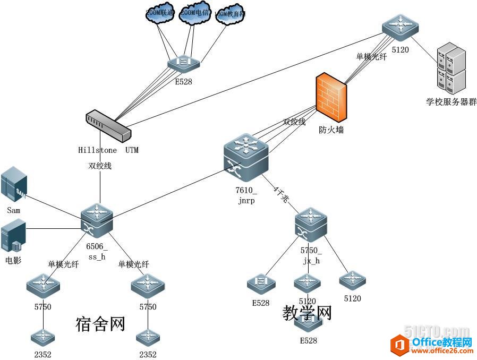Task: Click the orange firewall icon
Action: (x=332, y=98)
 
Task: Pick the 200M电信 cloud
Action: (x=194, y=13)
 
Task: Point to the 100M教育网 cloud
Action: (x=230, y=15)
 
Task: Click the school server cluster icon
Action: (x=450, y=70)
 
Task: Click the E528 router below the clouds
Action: (x=184, y=63)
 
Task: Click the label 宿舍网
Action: (x=100, y=323)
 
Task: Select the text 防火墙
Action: (x=331, y=129)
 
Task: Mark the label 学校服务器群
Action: (x=452, y=101)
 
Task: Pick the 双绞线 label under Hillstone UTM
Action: (x=100, y=166)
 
